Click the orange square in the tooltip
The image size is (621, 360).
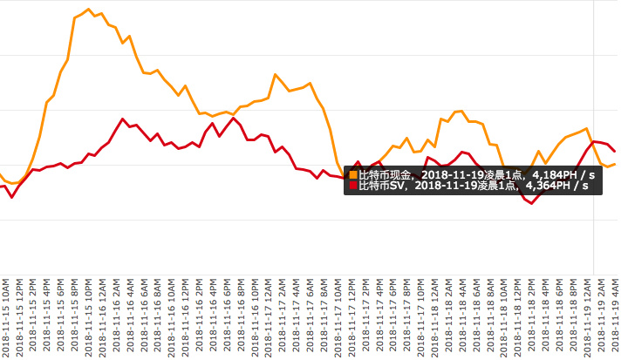click(x=353, y=175)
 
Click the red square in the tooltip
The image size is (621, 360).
click(x=353, y=186)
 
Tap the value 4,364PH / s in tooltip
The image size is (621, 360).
click(x=557, y=186)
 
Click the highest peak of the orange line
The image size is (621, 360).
click(x=89, y=10)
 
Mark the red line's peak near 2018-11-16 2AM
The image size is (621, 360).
click(x=123, y=119)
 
